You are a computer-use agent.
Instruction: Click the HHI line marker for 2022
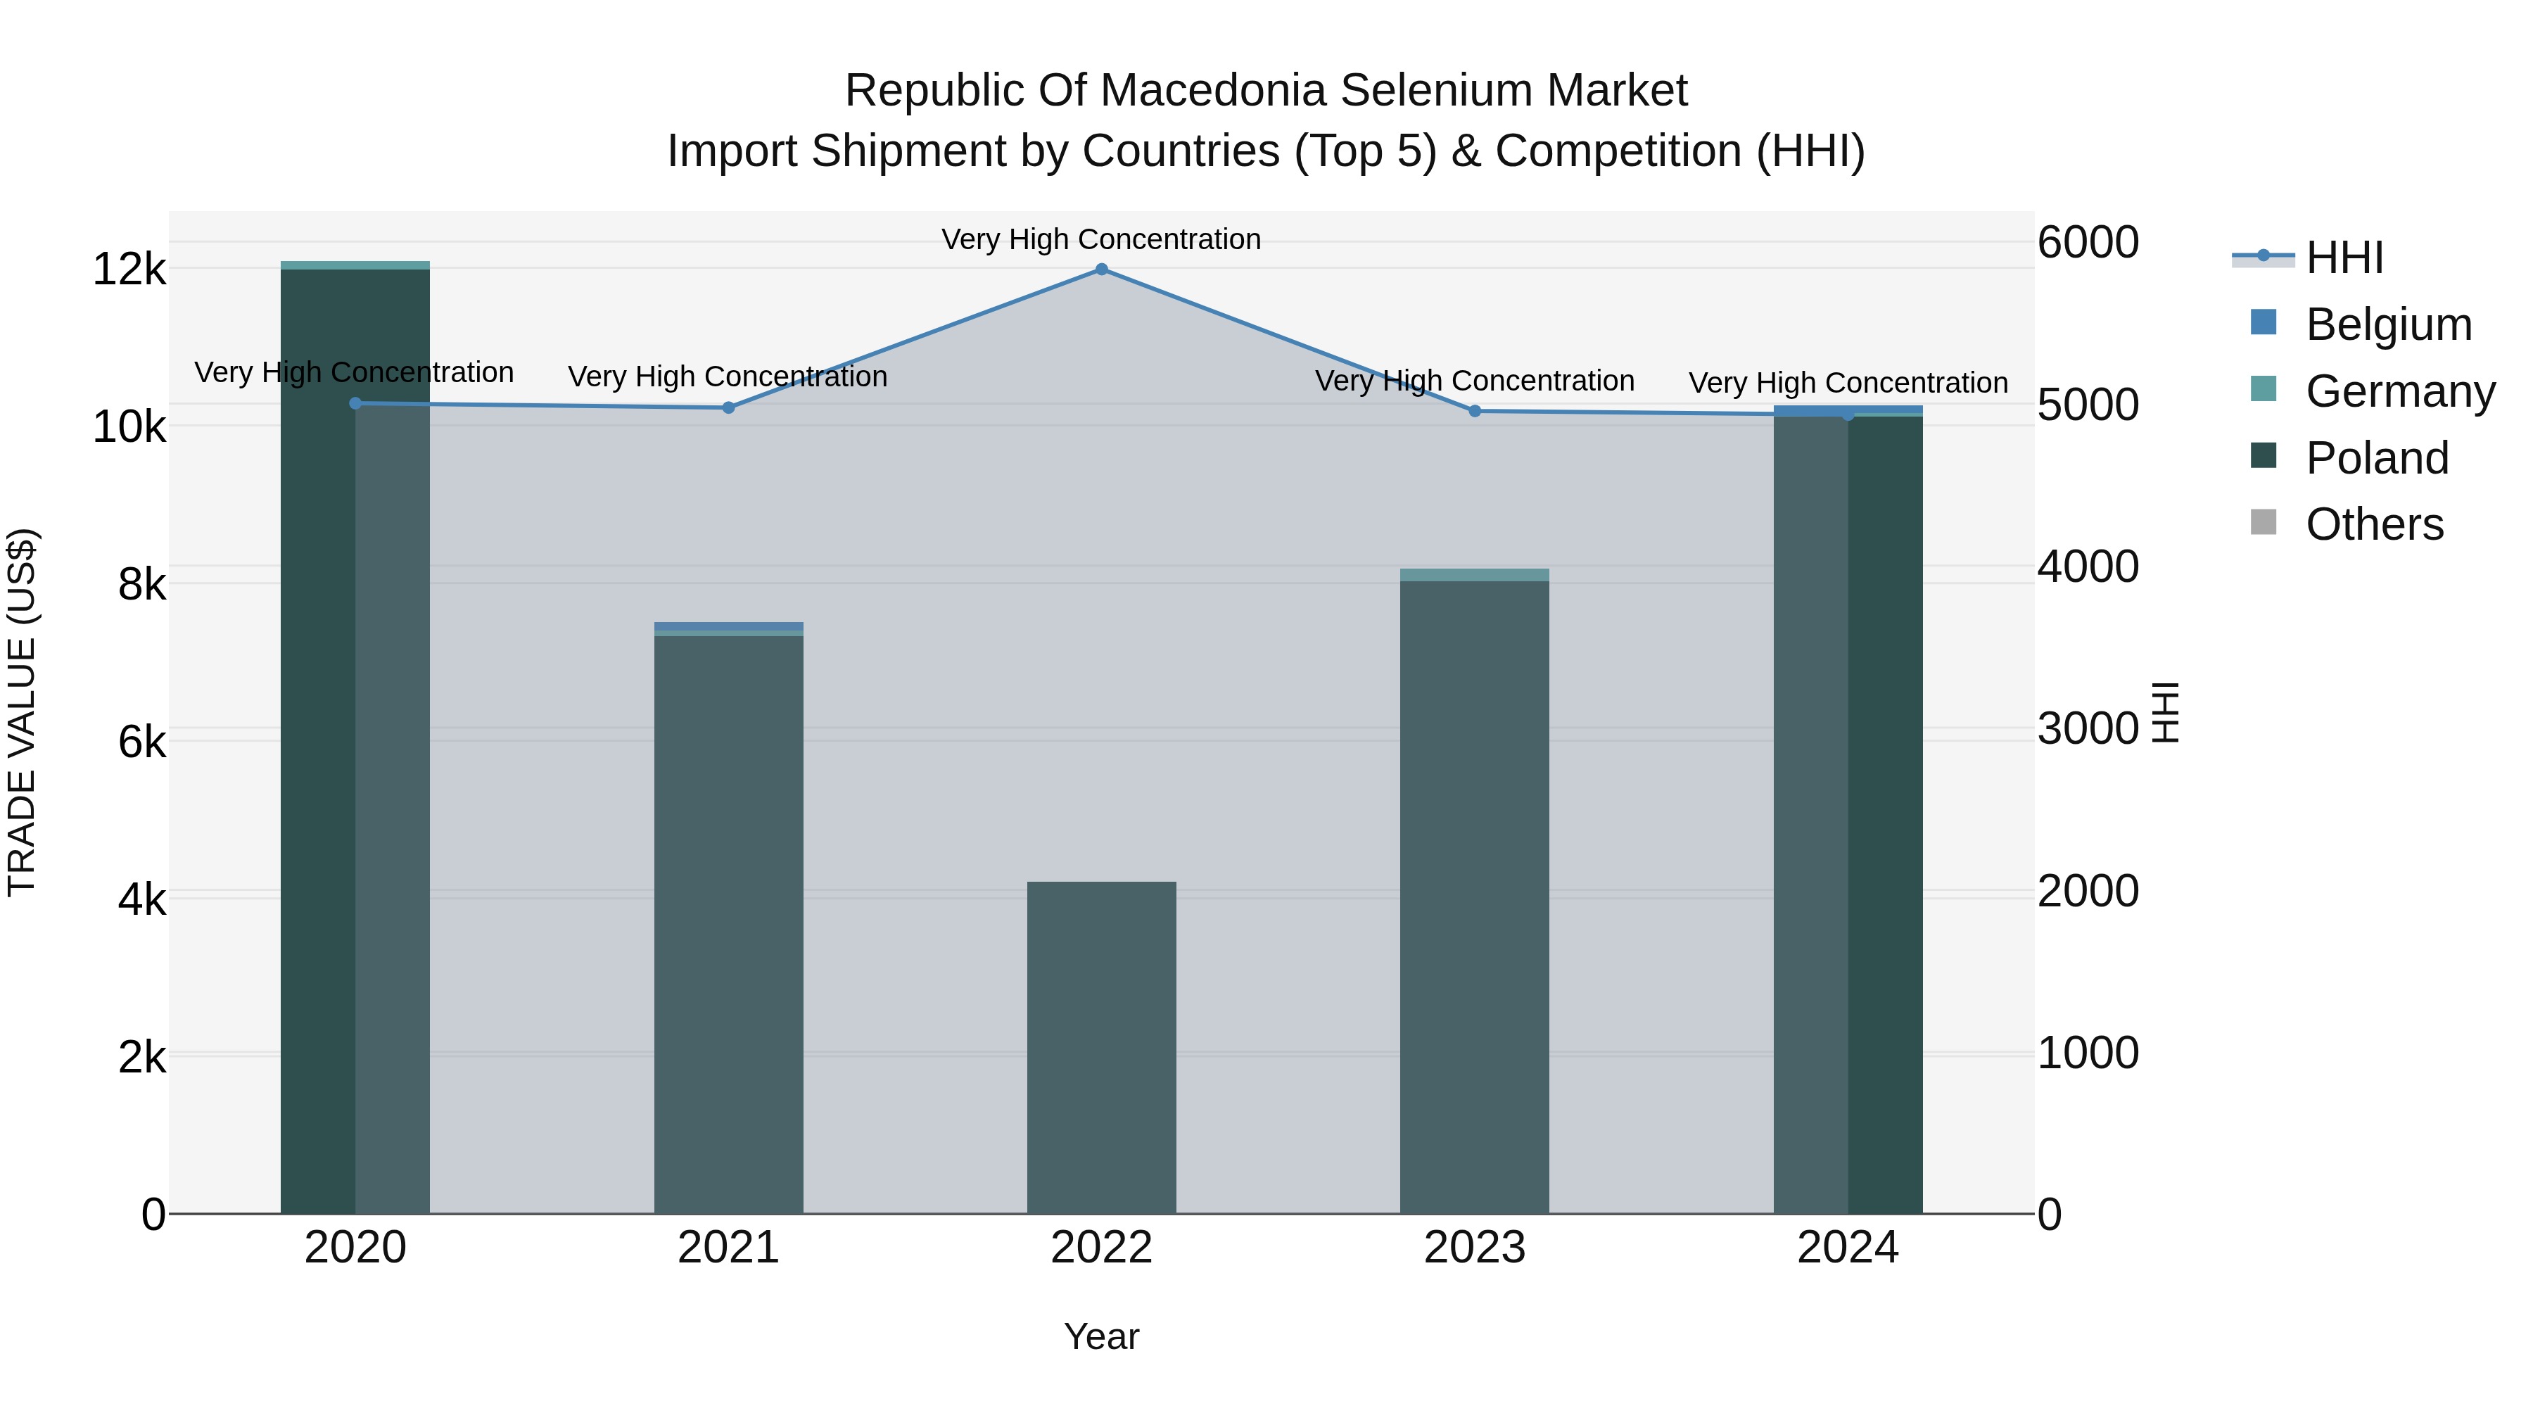tap(1101, 270)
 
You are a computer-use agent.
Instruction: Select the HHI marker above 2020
tap(355, 403)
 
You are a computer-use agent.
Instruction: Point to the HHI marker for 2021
tap(729, 407)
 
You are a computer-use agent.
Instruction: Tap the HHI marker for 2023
tap(1475, 411)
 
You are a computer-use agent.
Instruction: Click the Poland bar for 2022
tap(1101, 1047)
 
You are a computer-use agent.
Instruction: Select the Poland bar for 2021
tap(729, 925)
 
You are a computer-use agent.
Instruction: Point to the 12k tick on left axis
tap(129, 270)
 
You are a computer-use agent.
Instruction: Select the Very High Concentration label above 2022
tap(1101, 240)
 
